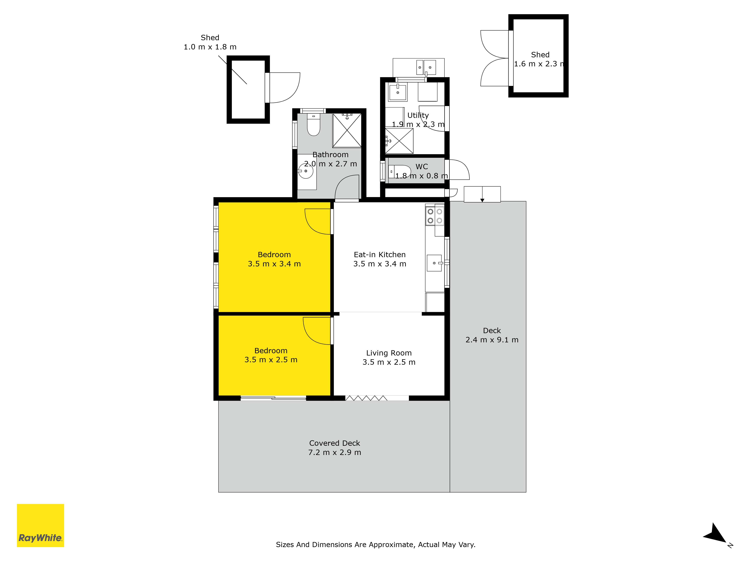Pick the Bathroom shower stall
tap(347, 130)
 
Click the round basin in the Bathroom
tap(306, 171)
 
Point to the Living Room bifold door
tap(366, 398)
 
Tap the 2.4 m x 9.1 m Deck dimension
tap(492, 340)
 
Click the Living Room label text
tap(389, 353)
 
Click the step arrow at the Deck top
tap(482, 194)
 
